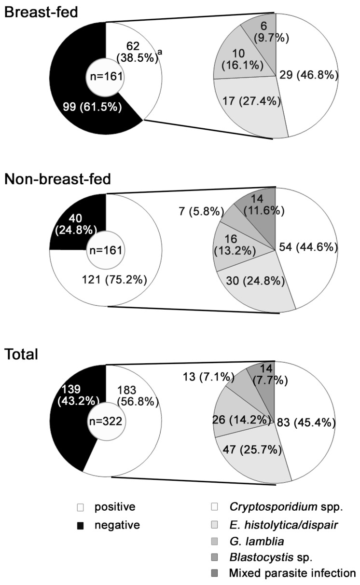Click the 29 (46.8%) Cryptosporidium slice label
coord(306,76)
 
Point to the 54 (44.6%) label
coord(306,247)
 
